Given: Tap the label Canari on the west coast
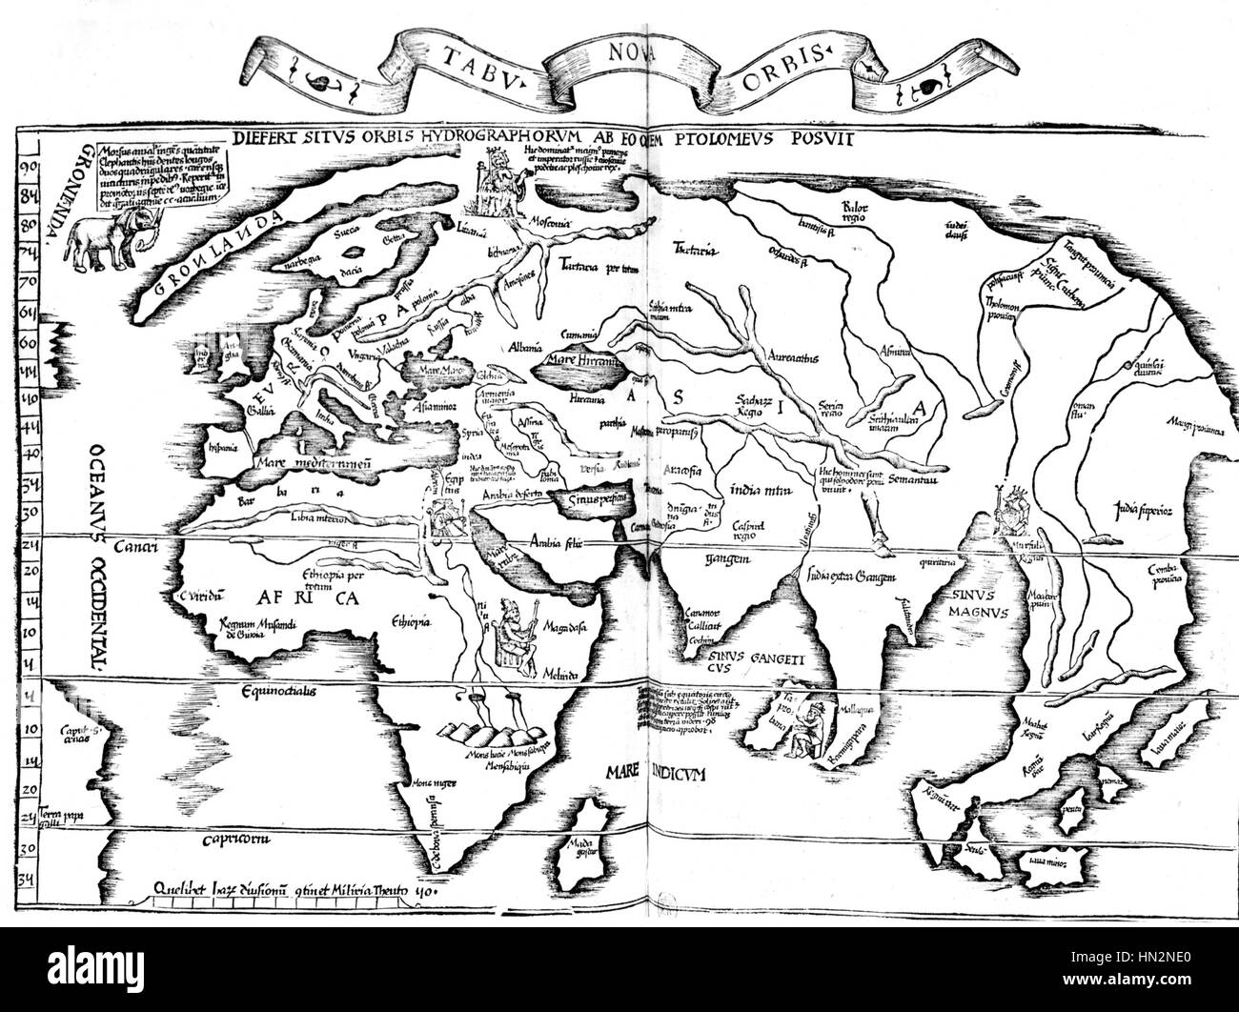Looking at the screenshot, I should click(x=134, y=547).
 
